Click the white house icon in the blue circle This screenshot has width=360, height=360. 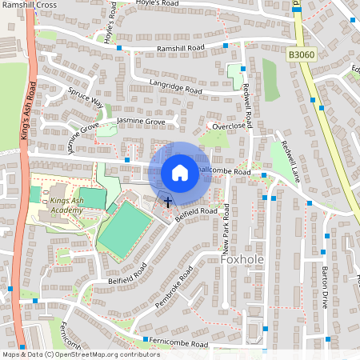click(180, 172)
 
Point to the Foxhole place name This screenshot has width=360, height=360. click(242, 260)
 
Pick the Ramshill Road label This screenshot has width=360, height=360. click(181, 49)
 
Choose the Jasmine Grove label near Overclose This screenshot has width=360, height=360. click(141, 121)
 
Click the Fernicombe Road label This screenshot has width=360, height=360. click(181, 345)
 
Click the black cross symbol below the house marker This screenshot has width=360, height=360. click(168, 201)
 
